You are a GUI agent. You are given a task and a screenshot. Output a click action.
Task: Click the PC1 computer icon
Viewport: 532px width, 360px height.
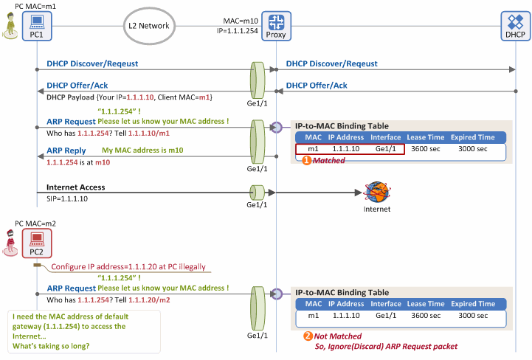click(x=37, y=26)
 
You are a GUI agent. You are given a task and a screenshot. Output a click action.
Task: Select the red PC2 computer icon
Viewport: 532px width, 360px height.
click(x=37, y=243)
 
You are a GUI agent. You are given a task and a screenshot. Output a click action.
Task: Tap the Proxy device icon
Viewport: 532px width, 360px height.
click(x=276, y=26)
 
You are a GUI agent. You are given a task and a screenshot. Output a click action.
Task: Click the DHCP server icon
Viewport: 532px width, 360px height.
click(x=516, y=26)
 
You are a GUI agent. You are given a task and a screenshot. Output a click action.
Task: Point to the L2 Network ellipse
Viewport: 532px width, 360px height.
click(x=149, y=26)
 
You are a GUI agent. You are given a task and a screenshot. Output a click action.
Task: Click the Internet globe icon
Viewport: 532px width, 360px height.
click(x=377, y=192)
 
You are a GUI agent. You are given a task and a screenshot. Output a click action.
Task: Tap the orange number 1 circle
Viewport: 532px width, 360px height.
click(x=307, y=161)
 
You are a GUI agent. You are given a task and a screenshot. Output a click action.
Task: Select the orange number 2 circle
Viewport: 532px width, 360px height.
click(x=308, y=336)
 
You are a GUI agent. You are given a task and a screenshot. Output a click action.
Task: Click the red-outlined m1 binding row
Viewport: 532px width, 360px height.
click(x=350, y=149)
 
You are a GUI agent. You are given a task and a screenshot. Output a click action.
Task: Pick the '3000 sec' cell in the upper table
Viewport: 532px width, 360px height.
click(x=473, y=149)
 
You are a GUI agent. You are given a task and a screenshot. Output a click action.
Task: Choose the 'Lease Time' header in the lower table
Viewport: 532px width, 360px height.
click(x=426, y=304)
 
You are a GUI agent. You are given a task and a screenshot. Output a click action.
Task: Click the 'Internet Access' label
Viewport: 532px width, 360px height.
click(x=76, y=187)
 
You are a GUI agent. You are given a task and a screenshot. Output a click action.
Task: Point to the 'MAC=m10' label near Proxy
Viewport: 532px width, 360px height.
click(x=241, y=21)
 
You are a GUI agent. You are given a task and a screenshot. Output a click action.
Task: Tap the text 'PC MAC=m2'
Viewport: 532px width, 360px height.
click(x=35, y=224)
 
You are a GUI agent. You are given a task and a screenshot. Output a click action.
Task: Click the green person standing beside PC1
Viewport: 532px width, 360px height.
click(x=10, y=25)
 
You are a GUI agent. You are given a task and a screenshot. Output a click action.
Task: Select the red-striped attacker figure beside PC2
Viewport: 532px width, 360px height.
click(x=10, y=243)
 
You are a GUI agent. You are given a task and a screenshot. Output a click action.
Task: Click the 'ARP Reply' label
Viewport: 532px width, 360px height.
click(x=66, y=150)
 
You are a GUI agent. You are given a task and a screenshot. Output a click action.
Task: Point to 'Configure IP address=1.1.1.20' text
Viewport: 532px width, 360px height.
click(x=105, y=267)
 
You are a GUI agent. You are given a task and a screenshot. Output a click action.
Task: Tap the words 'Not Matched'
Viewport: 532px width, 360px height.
click(x=338, y=336)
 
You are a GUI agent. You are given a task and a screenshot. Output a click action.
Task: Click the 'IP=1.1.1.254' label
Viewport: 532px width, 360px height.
click(x=238, y=31)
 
